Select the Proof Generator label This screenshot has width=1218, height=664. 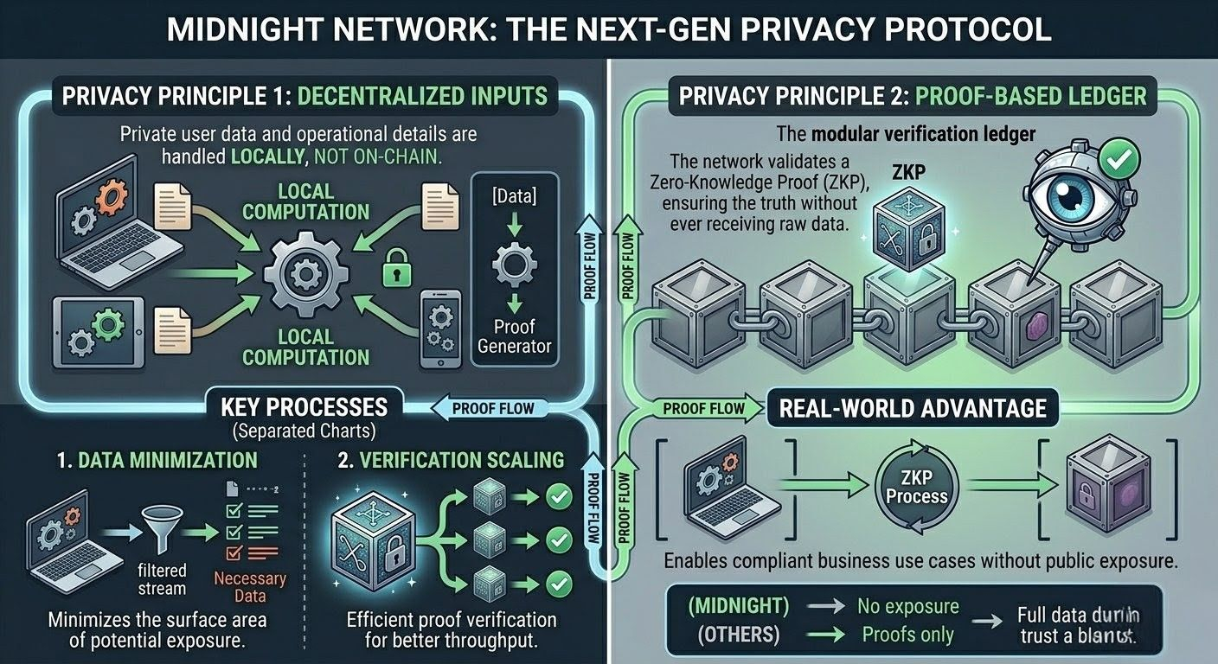point(515,336)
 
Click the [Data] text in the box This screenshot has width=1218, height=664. point(514,197)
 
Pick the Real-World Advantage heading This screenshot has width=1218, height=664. point(913,407)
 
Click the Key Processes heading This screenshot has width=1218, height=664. point(304,406)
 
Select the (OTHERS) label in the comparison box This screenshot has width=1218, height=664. point(737,635)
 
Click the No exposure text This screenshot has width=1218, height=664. point(907,606)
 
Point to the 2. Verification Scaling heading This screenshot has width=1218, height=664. point(451,460)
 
